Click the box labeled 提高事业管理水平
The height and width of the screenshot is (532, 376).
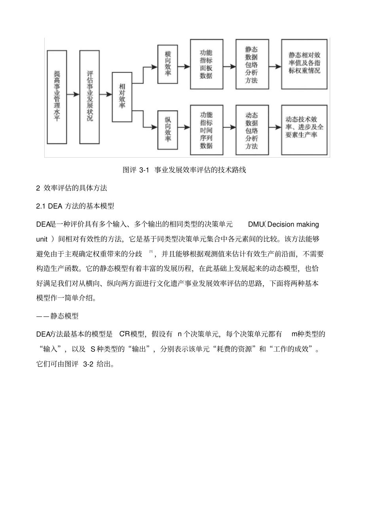[57, 96]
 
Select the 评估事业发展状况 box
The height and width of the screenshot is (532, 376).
[89, 96]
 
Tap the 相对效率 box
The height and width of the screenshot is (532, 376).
[122, 97]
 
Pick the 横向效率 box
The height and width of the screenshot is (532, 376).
[167, 64]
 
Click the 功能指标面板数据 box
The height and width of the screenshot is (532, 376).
[206, 64]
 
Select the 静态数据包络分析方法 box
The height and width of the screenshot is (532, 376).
[251, 64]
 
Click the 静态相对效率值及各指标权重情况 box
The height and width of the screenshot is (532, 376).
[304, 64]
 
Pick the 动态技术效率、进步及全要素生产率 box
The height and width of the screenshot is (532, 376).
[304, 130]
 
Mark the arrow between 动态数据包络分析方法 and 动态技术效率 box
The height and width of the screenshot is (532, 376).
[274, 128]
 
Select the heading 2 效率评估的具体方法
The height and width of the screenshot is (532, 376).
[72, 188]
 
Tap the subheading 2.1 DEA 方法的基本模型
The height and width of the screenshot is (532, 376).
[75, 206]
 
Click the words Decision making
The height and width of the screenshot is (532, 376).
[293, 225]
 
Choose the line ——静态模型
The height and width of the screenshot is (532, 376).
[57, 316]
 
